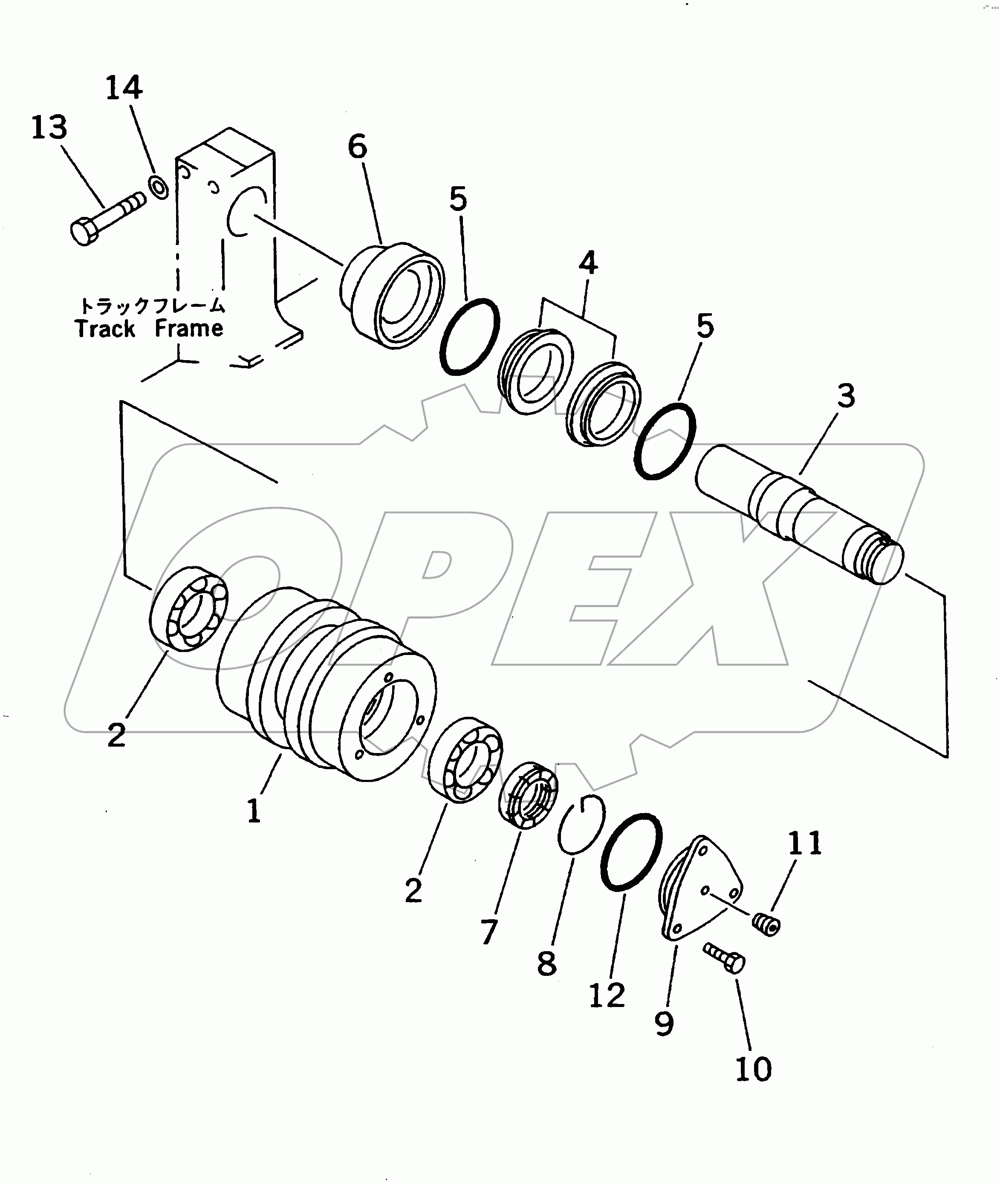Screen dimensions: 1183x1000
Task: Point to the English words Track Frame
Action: coord(149,329)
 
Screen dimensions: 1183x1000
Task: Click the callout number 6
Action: coord(357,147)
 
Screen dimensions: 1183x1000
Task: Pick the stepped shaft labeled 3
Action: coord(799,513)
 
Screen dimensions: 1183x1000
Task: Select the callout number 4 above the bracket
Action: coord(588,264)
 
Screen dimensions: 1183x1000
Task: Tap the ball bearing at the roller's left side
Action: coord(189,608)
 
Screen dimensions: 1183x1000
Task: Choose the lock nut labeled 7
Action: coord(528,796)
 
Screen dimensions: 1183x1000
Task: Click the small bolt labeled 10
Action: coord(725,958)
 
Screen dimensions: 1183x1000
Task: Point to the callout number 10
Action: coord(753,1069)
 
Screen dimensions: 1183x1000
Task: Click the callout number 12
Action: coord(607,995)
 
